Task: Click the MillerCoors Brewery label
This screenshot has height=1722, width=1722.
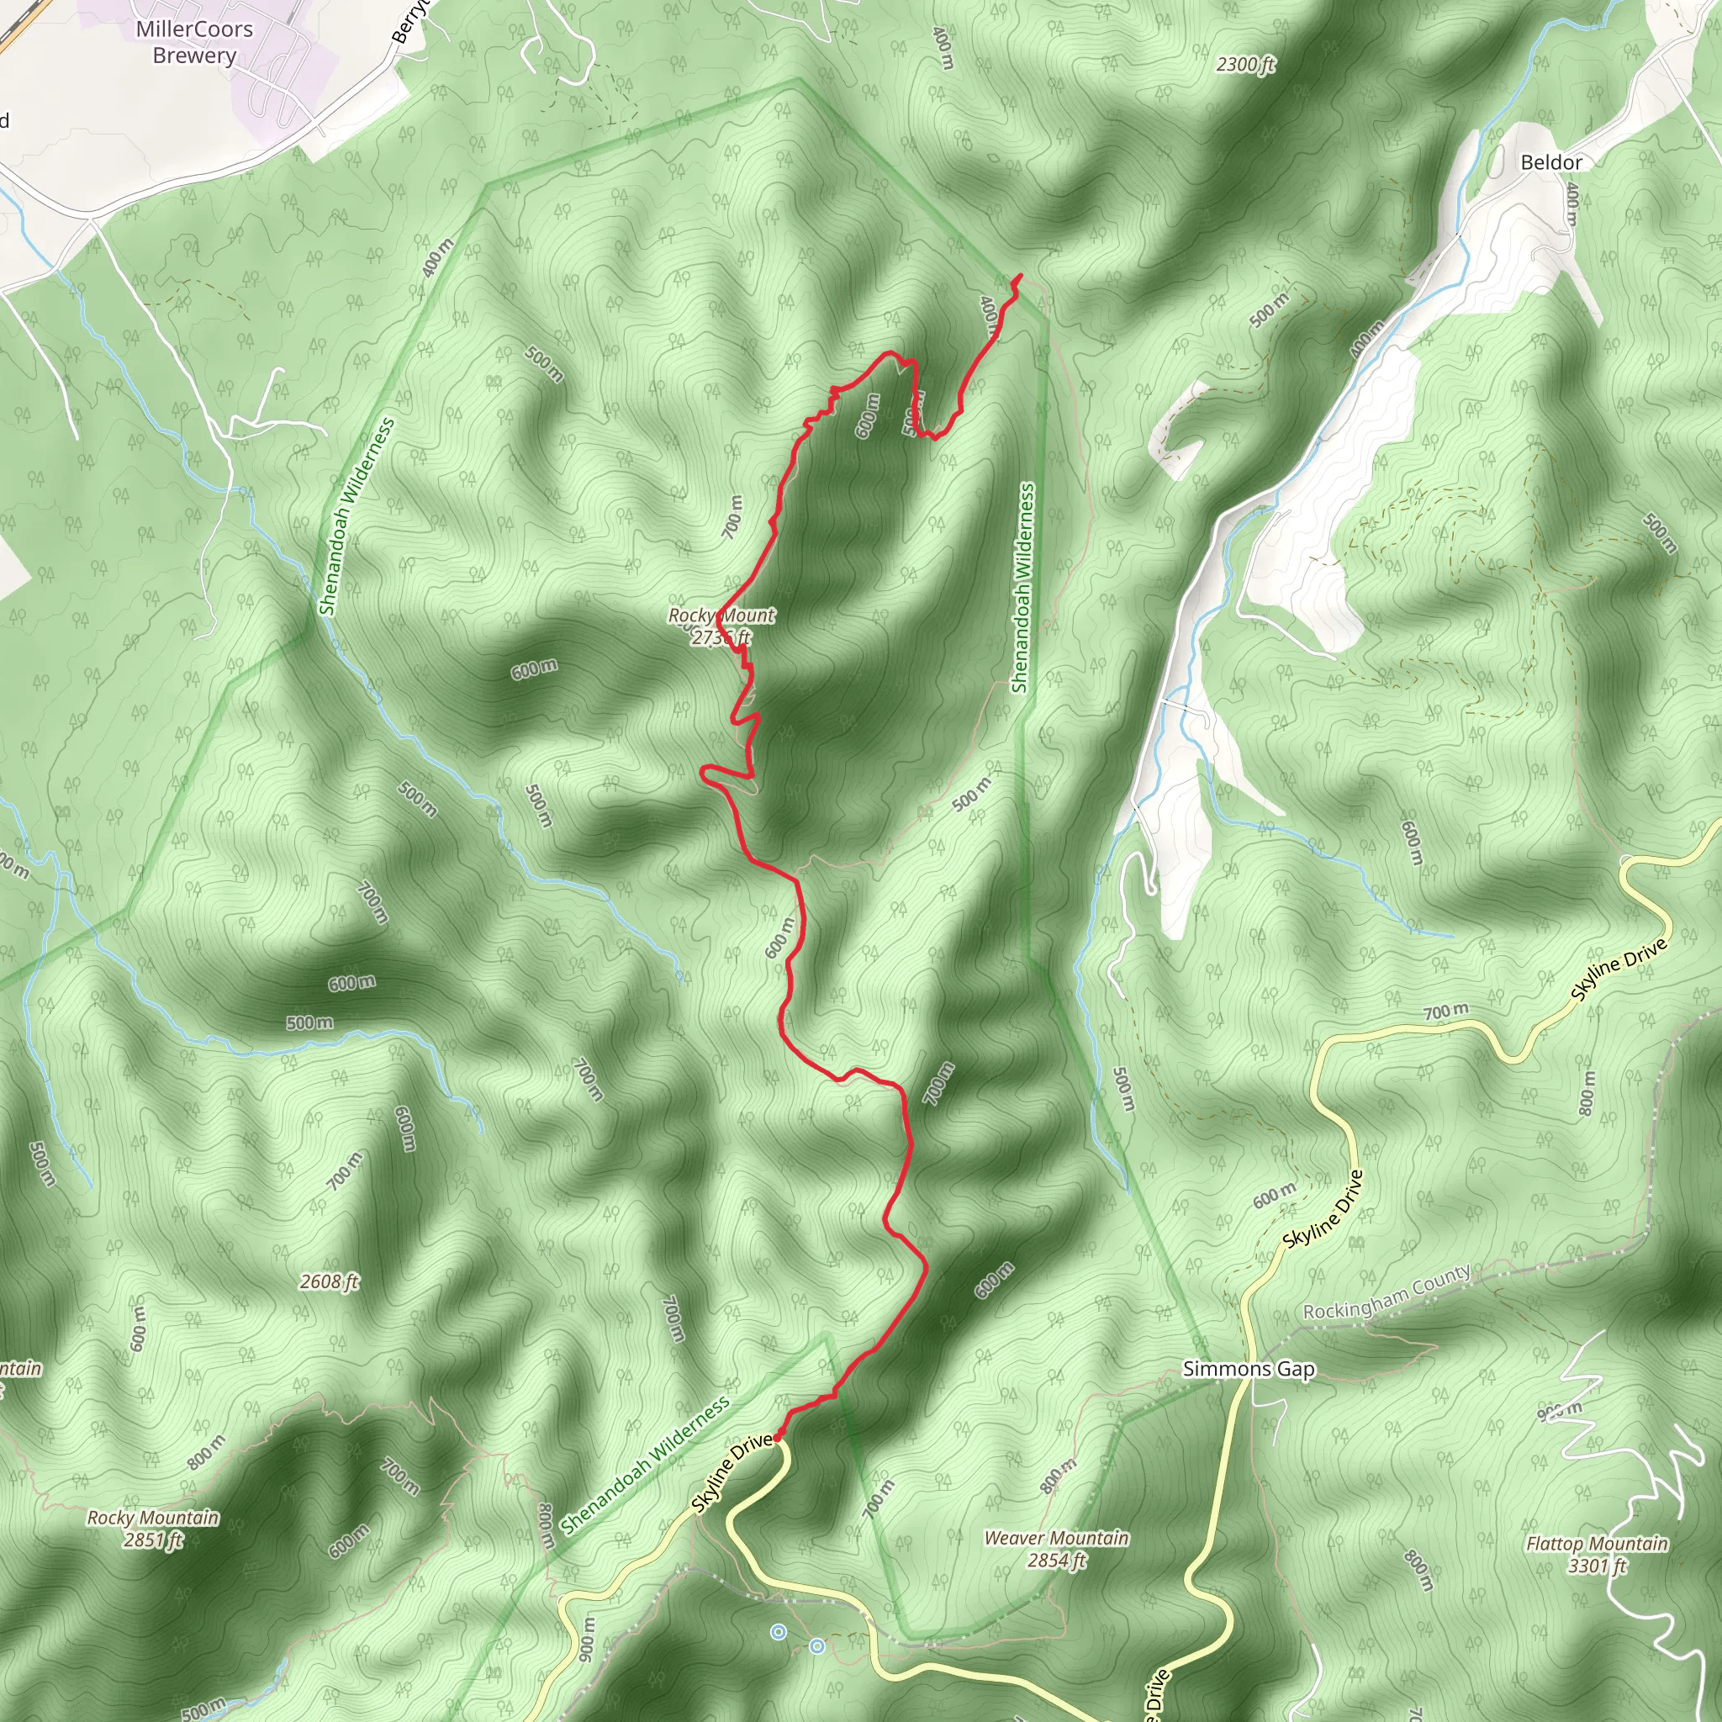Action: (194, 42)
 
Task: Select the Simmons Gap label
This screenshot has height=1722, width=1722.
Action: (1248, 1369)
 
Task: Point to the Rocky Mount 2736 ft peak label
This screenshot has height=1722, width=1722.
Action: (721, 626)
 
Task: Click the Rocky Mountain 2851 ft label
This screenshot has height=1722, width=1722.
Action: (152, 1529)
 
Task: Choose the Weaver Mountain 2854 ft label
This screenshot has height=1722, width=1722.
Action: (1056, 1549)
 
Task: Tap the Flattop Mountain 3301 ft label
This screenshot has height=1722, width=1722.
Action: (1597, 1555)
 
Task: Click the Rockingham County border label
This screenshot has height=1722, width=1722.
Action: (1386, 1293)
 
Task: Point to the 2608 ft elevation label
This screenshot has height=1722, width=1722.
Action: (329, 1281)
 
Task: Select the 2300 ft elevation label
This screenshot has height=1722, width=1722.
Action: (1245, 64)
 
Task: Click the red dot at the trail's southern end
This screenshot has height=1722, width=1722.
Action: (777, 1438)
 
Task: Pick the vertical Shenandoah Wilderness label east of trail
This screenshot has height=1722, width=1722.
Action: (1023, 588)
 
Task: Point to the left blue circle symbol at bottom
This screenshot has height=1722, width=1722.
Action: (778, 1632)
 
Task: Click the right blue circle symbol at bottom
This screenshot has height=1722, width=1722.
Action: (816, 1646)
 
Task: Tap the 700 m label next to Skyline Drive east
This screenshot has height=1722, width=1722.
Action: (1445, 1011)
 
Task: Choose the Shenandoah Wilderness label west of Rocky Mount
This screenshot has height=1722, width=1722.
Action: (356, 517)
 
